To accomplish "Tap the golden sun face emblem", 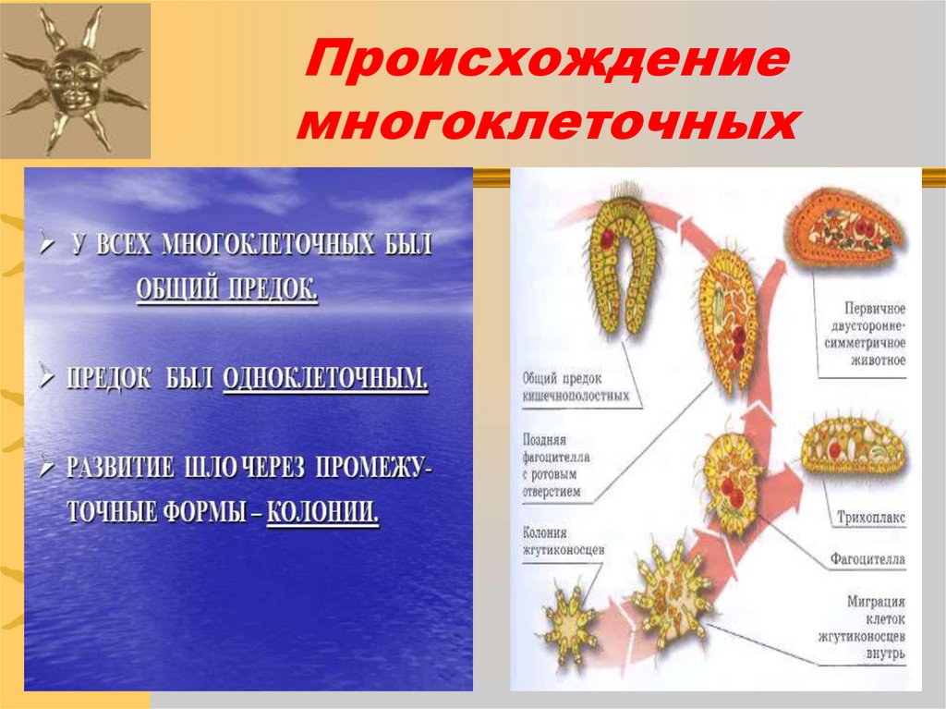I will point(74,78).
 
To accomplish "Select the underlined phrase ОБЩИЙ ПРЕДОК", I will point(227,290).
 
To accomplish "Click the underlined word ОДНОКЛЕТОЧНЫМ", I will point(325,378).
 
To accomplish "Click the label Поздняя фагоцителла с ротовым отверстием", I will point(557,466).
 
